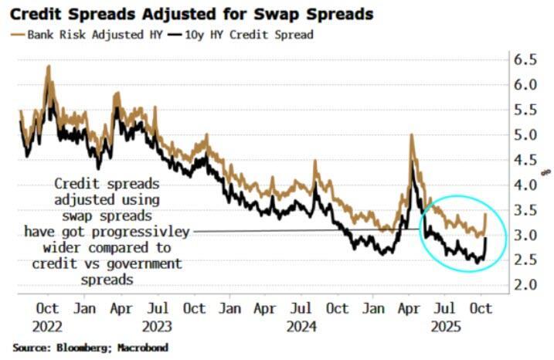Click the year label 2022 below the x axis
click(x=49, y=325)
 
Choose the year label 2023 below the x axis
click(x=158, y=325)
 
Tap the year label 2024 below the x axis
click(x=302, y=325)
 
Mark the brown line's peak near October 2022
click(x=49, y=66)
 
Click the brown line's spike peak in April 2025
click(x=412, y=135)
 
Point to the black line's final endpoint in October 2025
click(x=485, y=238)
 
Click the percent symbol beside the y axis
click(x=544, y=172)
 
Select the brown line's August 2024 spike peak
click(x=314, y=161)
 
